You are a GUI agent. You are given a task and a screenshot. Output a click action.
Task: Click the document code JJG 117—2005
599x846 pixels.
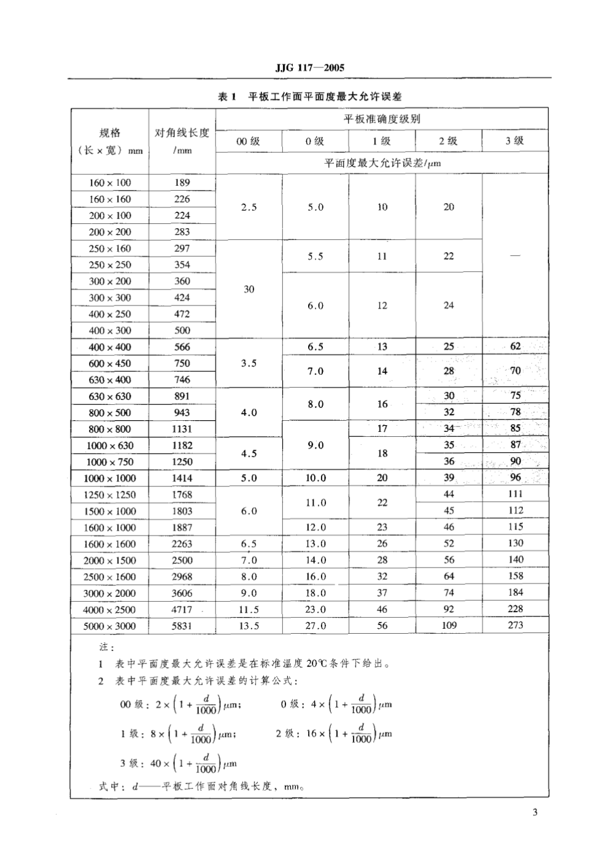pyautogui.click(x=309, y=68)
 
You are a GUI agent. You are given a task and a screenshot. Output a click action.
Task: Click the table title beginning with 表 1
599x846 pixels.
pyautogui.click(x=310, y=97)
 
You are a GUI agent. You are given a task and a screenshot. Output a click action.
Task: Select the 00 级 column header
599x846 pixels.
pyautogui.click(x=249, y=141)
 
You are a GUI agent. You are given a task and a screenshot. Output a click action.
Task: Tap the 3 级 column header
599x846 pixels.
pyautogui.click(x=515, y=140)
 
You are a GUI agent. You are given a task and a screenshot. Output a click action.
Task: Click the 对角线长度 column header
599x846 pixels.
pyautogui.click(x=182, y=140)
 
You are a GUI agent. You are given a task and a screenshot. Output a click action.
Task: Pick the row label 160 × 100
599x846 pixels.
pyautogui.click(x=110, y=183)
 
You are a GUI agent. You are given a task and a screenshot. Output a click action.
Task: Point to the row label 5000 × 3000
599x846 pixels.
pyautogui.click(x=110, y=626)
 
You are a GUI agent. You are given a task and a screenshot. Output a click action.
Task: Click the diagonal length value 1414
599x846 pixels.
pyautogui.click(x=182, y=478)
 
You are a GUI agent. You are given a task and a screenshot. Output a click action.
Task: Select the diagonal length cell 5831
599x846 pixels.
pyautogui.click(x=182, y=626)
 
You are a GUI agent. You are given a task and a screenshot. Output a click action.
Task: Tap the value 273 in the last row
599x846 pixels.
pyautogui.click(x=516, y=625)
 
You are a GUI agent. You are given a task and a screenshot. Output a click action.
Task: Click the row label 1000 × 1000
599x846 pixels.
pyautogui.click(x=110, y=479)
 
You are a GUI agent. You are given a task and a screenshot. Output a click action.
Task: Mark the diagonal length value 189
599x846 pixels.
pyautogui.click(x=182, y=183)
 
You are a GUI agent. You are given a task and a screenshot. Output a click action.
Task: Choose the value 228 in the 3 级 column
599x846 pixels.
pyautogui.click(x=516, y=609)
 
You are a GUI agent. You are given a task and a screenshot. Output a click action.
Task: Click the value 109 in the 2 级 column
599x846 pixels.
pyautogui.click(x=449, y=626)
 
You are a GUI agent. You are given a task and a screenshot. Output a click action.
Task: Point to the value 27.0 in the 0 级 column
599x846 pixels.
pyautogui.click(x=315, y=626)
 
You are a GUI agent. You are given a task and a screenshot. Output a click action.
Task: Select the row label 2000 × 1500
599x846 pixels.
pyautogui.click(x=110, y=561)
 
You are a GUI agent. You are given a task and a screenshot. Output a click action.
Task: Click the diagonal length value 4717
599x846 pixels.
pyautogui.click(x=182, y=610)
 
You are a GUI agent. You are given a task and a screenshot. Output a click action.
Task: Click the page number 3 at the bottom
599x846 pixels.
pyautogui.click(x=535, y=813)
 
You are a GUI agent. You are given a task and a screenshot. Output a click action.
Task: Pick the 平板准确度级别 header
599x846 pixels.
pyautogui.click(x=382, y=119)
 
